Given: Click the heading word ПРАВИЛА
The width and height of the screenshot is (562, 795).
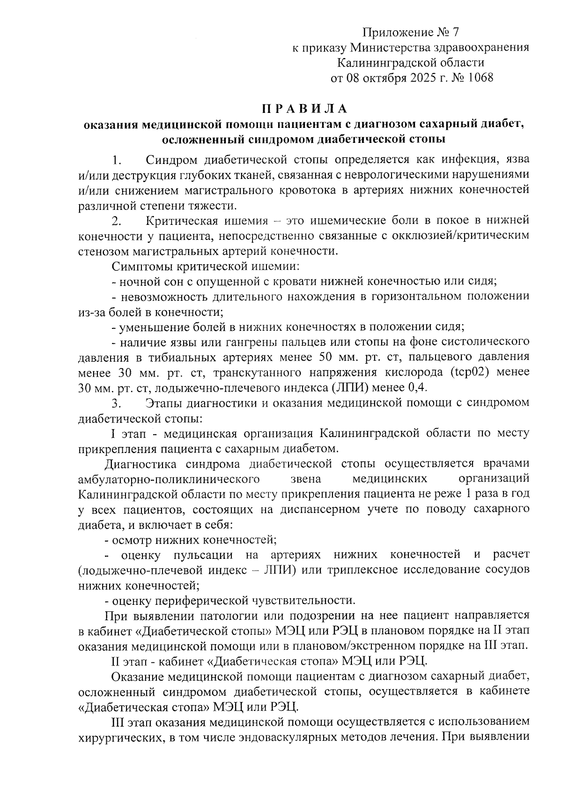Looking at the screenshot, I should pyautogui.click(x=305, y=109).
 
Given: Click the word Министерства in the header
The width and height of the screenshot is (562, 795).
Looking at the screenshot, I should pyautogui.click(x=391, y=47).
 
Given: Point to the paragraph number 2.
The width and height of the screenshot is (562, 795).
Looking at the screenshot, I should pyautogui.click(x=117, y=221).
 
